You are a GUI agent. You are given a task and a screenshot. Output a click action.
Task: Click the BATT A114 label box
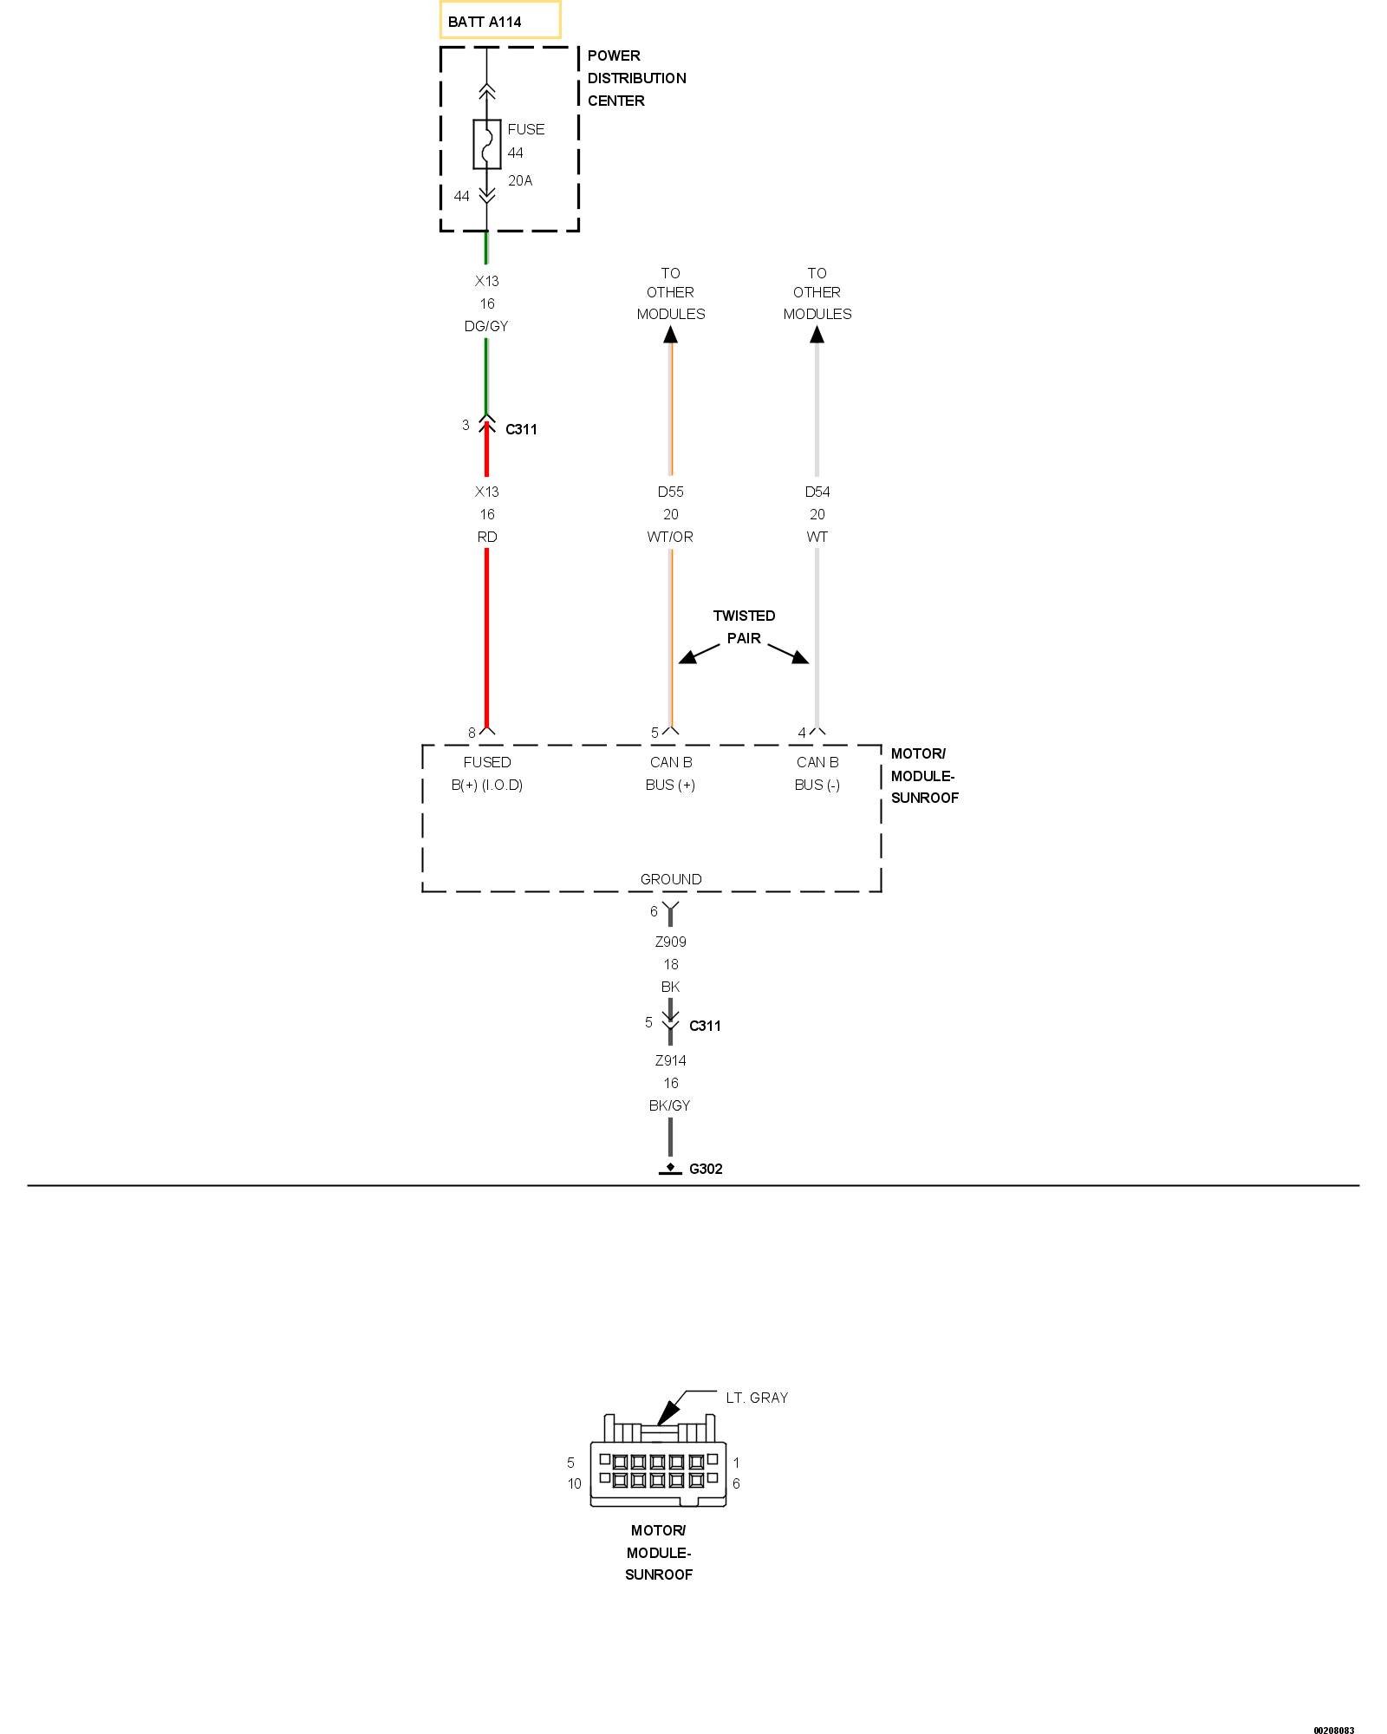click(499, 21)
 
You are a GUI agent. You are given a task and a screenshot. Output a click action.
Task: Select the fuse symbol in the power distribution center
click(487, 144)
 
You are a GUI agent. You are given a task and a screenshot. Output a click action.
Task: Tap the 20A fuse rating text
click(520, 180)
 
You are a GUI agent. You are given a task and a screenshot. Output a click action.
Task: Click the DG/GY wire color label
click(486, 326)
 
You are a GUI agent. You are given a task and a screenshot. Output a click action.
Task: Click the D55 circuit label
click(670, 492)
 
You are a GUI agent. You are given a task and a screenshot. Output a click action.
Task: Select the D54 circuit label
click(817, 492)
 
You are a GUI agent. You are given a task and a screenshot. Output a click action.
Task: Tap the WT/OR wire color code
click(670, 537)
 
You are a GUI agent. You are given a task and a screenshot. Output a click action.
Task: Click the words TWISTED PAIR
click(744, 627)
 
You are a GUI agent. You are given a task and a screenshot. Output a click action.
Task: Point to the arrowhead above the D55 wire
click(670, 334)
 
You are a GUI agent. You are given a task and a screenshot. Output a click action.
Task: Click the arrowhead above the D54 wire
click(817, 334)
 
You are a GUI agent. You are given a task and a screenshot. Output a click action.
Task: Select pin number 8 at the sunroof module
click(472, 733)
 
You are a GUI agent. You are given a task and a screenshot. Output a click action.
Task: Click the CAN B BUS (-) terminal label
click(817, 773)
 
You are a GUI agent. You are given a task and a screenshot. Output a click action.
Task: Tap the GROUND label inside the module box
click(671, 879)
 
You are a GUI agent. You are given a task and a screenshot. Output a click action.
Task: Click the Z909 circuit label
click(670, 942)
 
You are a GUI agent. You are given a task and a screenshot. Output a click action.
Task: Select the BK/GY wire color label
click(669, 1105)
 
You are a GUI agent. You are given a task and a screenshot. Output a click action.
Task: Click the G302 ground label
click(706, 1169)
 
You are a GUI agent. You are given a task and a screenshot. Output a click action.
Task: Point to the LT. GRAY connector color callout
click(757, 1398)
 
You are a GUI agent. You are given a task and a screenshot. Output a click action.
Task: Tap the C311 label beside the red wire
click(521, 429)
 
